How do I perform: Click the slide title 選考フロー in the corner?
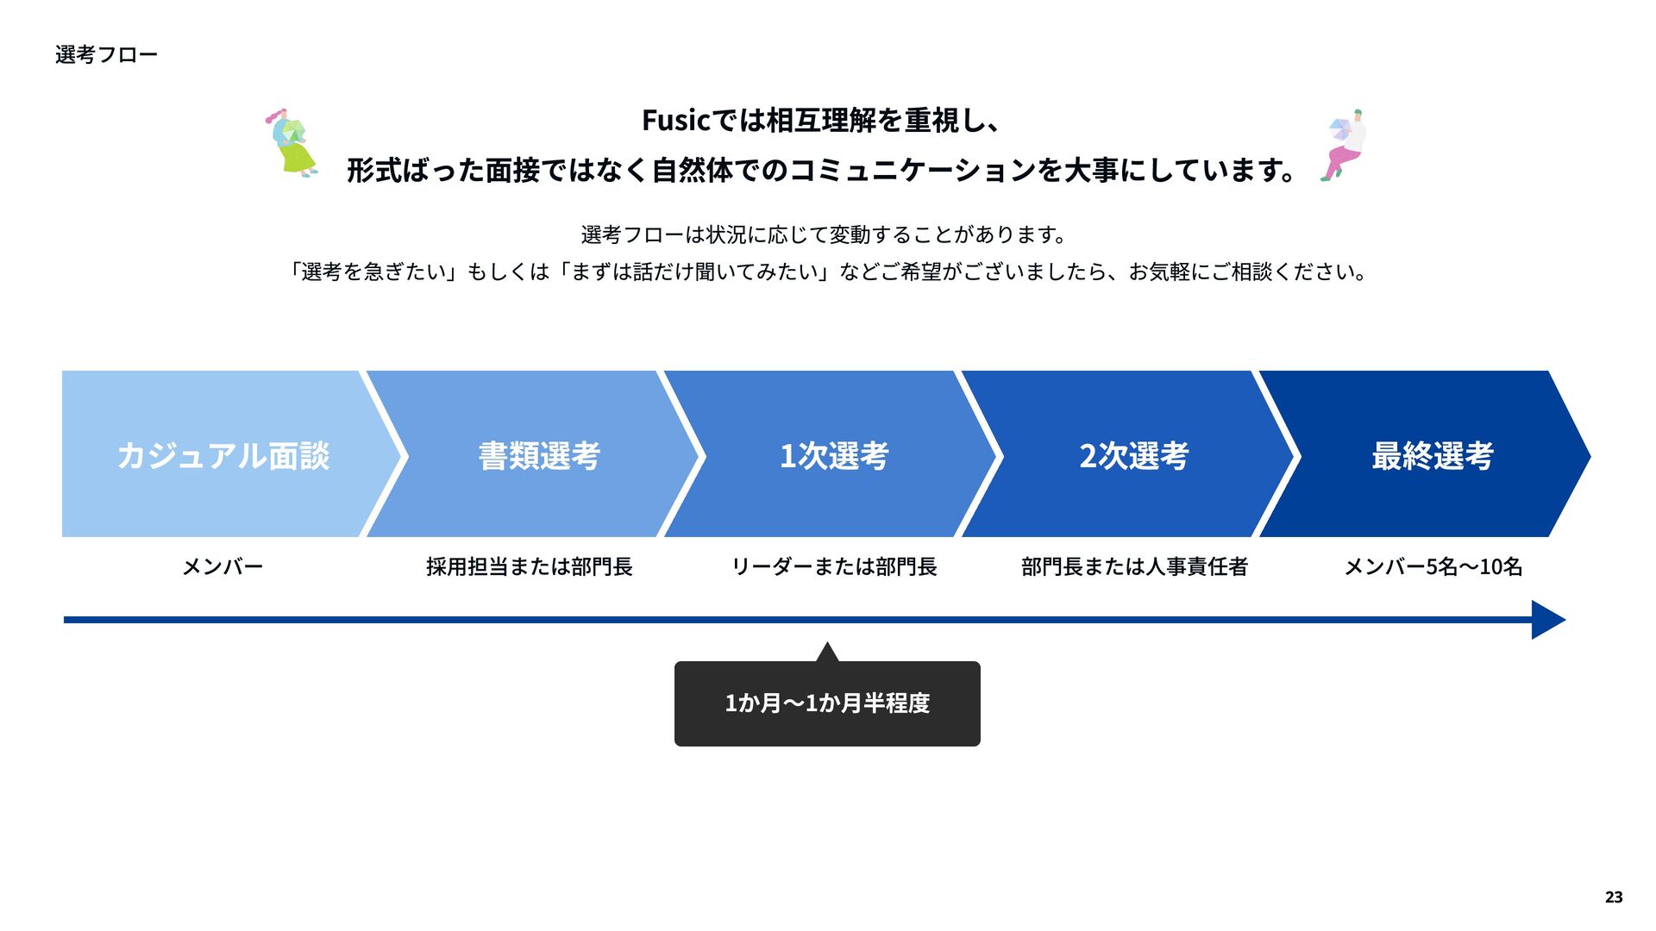coord(106,55)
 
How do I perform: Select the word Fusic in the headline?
coord(675,121)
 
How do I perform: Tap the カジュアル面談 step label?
coord(223,455)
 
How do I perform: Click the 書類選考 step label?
coord(539,455)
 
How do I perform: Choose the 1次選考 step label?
coord(833,455)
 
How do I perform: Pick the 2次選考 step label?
coord(1133,455)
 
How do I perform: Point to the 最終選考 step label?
coord(1432,455)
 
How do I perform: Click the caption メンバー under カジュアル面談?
coord(223,566)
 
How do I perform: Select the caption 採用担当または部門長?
coord(530,566)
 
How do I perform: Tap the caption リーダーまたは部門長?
coord(834,566)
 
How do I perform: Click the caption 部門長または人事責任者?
coord(1134,566)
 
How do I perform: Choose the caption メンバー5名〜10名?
coord(1433,566)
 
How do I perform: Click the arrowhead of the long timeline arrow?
coord(1546,620)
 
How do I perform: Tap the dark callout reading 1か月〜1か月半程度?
coord(827,703)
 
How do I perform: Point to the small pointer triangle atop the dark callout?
coord(827,653)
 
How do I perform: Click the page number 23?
coord(1614,897)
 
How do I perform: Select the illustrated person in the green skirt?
coord(292,143)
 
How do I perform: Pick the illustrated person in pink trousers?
coord(1344,145)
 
